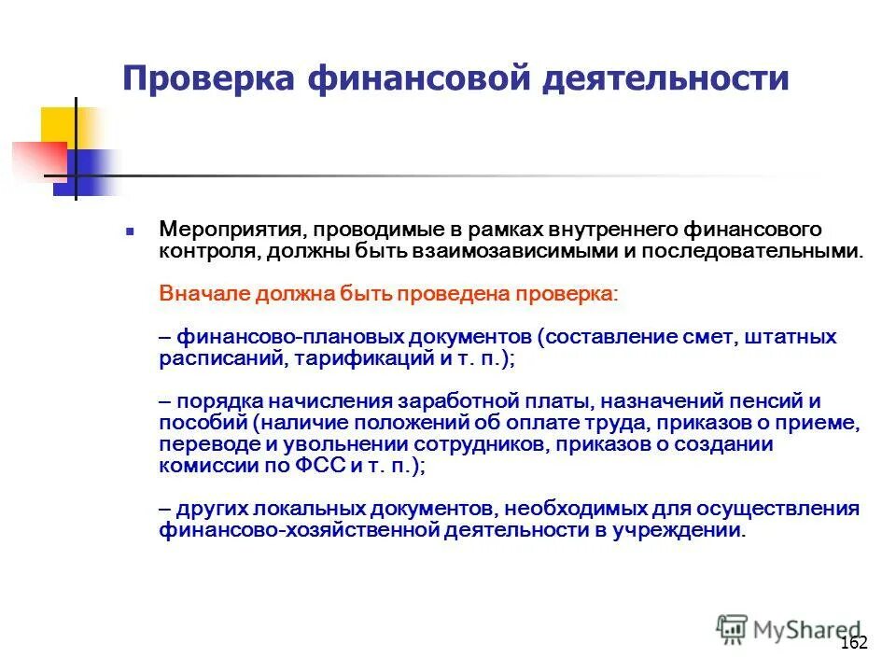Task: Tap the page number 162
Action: [x=854, y=643]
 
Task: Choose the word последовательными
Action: [x=745, y=252]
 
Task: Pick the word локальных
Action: [x=301, y=510]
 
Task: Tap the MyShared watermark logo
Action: [x=790, y=627]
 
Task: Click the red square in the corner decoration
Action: [x=35, y=160]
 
